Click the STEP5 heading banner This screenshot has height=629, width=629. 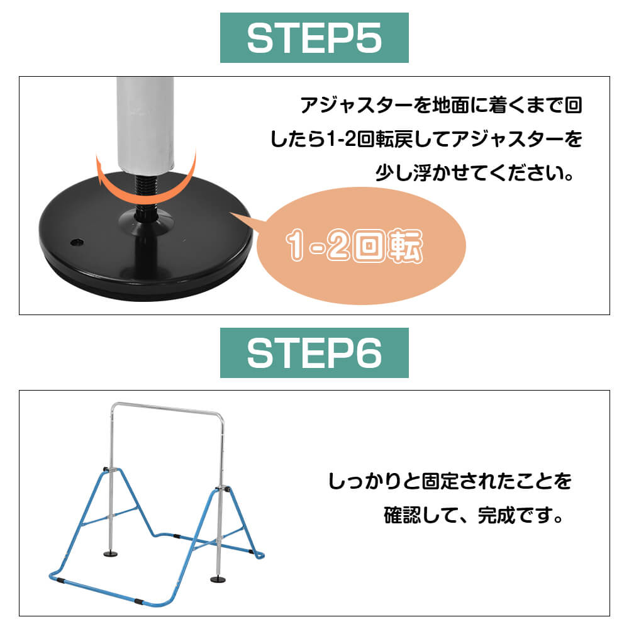(314, 38)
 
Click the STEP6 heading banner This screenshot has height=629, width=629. (314, 353)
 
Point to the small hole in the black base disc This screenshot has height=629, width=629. (77, 242)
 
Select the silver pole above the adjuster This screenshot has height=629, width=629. (145, 125)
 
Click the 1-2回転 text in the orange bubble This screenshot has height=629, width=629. (354, 245)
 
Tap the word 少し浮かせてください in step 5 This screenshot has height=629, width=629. (474, 174)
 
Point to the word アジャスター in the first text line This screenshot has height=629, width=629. (357, 105)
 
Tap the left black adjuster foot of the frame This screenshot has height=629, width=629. (111, 554)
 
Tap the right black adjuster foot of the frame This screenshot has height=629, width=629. (218, 579)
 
